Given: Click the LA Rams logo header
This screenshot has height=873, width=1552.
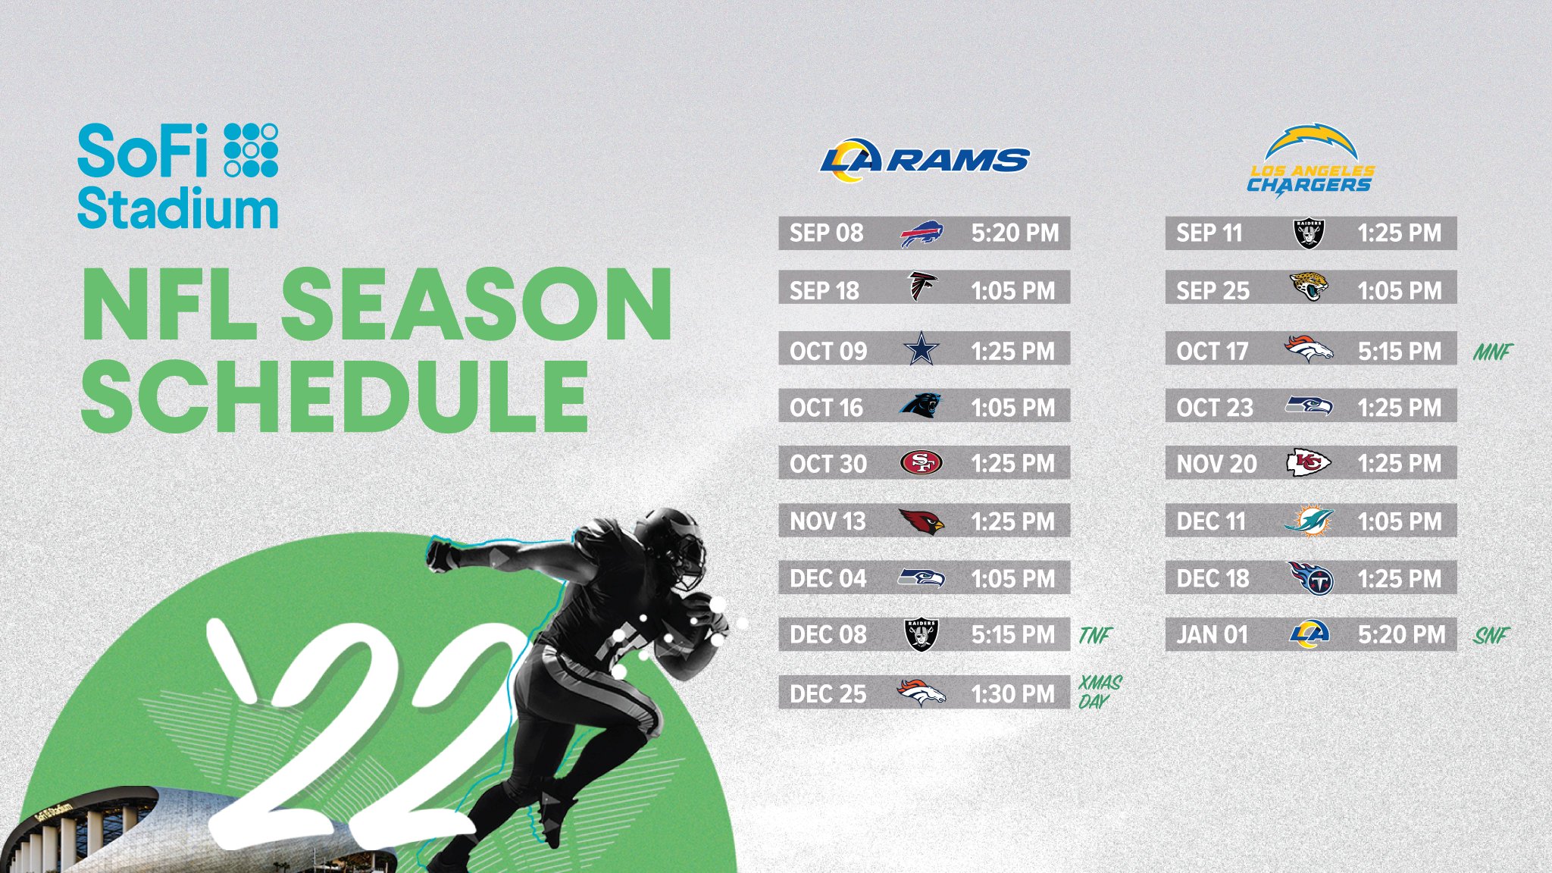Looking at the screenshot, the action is click(x=925, y=160).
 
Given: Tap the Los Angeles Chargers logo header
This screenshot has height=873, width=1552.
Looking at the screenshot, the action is click(x=1311, y=161).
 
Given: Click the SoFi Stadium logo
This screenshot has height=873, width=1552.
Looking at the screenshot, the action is click(x=178, y=176).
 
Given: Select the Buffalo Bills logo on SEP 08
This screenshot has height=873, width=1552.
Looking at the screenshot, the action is click(x=921, y=233).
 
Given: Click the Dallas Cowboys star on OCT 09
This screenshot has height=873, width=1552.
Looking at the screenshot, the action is click(x=921, y=349).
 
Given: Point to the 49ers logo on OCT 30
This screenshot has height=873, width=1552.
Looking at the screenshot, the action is click(x=921, y=462).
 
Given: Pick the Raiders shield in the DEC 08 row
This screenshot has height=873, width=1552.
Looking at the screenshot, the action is click(x=921, y=634).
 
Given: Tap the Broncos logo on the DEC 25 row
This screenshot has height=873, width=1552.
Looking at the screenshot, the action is click(x=921, y=692).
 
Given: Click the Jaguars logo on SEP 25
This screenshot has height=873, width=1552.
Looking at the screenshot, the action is click(x=1309, y=287).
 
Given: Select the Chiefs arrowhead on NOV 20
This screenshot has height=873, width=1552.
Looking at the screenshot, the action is click(x=1309, y=462).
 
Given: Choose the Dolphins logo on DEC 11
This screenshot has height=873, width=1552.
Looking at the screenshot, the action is click(x=1309, y=521).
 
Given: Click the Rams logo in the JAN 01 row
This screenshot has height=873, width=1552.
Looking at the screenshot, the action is click(x=1309, y=634).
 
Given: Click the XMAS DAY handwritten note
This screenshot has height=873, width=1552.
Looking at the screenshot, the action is click(x=1100, y=692).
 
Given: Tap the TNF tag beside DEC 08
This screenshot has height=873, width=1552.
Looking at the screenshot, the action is click(x=1095, y=635).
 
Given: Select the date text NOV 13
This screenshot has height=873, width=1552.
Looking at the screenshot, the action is click(x=828, y=521).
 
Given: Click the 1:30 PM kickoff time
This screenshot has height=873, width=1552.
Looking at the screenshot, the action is click(x=1013, y=693).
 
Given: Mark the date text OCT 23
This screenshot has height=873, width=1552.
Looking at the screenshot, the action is click(x=1215, y=408).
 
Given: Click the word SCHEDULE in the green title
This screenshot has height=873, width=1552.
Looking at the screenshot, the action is click(x=334, y=396).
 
